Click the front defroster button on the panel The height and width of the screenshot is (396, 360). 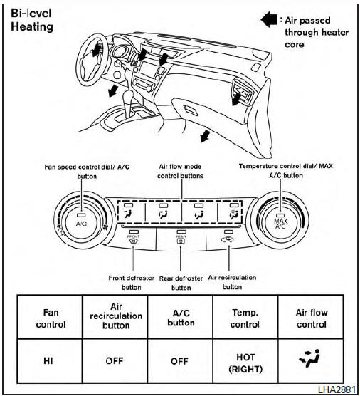point(132,238)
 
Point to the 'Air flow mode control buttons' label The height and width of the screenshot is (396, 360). point(180,170)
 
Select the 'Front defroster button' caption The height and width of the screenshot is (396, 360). point(135,281)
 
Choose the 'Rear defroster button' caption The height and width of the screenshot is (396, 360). point(181,283)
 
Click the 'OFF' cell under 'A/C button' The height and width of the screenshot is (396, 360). point(180,360)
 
